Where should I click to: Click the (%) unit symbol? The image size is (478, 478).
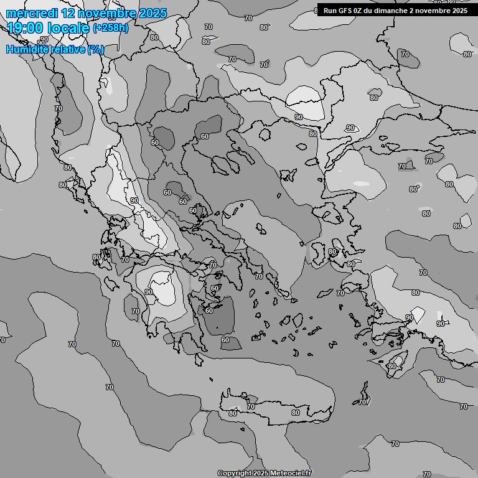pyautogui.click(x=95, y=49)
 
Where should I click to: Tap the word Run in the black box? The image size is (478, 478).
pyautogui.click(x=330, y=11)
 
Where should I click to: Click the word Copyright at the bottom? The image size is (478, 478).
pyautogui.click(x=234, y=474)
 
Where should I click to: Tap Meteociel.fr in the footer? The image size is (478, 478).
pyautogui.click(x=289, y=474)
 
